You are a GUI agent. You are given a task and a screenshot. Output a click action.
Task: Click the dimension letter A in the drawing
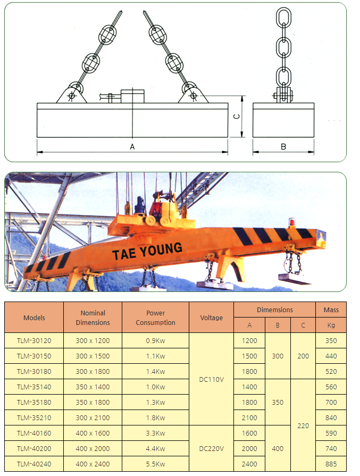click(x=132, y=147)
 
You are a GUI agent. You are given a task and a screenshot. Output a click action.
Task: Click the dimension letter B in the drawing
click(x=283, y=147)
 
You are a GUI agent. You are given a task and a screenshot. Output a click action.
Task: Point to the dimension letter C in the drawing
click(x=237, y=116)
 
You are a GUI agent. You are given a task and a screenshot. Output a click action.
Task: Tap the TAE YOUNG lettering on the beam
click(x=147, y=250)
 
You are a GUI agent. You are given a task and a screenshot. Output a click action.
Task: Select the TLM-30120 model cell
click(x=34, y=340)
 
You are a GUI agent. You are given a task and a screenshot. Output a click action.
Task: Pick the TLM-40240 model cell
click(x=34, y=464)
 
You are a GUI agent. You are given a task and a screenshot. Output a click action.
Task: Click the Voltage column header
click(x=212, y=318)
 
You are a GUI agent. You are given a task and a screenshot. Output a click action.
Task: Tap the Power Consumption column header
click(x=155, y=318)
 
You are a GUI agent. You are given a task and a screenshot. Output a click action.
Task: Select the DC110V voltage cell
click(x=212, y=379)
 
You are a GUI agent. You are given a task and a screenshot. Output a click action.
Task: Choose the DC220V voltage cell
click(x=212, y=448)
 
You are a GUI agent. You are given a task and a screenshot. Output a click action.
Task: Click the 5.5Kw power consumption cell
click(x=155, y=464)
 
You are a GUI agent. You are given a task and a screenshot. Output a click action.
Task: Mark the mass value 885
click(x=331, y=464)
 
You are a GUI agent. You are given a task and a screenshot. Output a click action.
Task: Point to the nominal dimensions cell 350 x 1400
click(x=93, y=387)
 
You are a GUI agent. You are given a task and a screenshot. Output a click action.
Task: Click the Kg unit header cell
click(x=331, y=325)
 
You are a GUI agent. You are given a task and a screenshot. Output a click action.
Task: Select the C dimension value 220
click(x=303, y=425)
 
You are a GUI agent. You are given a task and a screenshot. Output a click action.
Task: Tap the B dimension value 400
click(x=278, y=448)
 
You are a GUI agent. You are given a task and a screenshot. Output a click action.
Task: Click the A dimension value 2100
click(x=249, y=417)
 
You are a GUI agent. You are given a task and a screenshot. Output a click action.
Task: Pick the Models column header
click(x=34, y=318)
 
